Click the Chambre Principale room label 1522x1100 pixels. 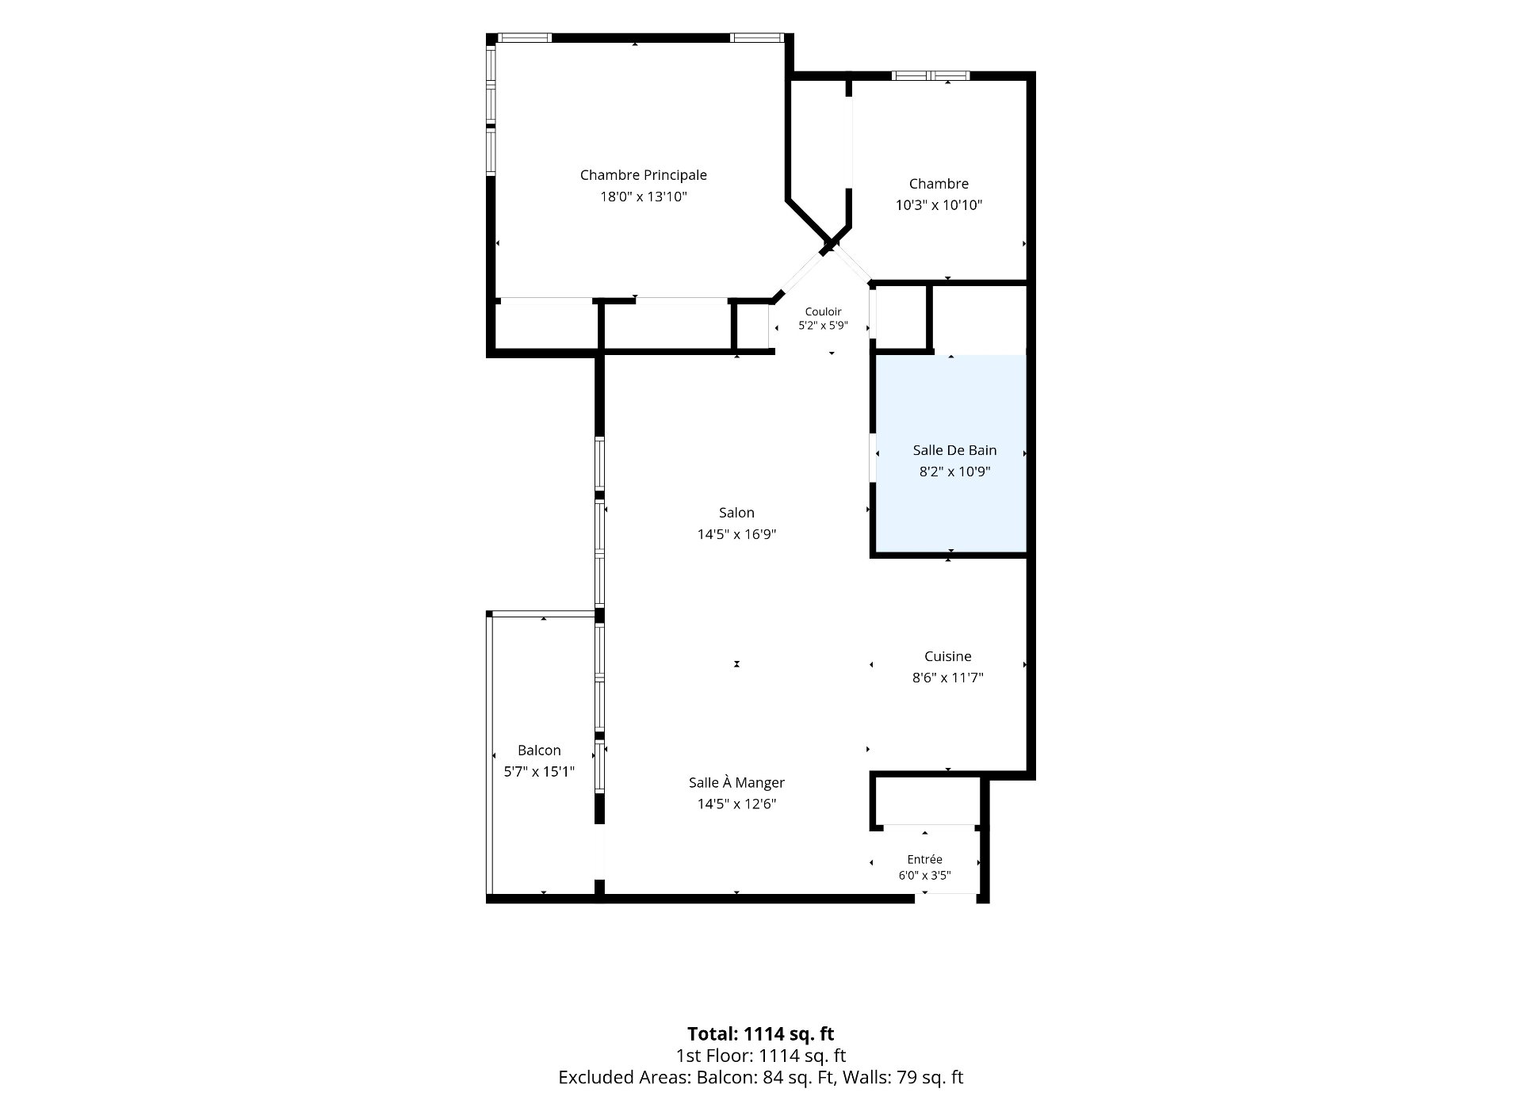643,175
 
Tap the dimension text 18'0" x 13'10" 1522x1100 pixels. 643,197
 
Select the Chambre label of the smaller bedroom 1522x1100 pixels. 939,184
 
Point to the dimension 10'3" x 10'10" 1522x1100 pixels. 939,205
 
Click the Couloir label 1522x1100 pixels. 823,311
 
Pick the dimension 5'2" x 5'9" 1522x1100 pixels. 823,326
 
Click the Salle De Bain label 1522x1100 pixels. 954,450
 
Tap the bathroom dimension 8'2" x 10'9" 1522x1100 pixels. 954,472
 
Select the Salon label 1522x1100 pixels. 736,513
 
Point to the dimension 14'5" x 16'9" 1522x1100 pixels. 736,534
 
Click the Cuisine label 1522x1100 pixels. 948,656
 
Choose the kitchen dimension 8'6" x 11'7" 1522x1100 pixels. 948,678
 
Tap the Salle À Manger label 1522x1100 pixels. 736,782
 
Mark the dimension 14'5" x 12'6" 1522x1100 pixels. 736,804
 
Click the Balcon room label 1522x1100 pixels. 539,751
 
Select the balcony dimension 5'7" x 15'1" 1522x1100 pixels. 539,772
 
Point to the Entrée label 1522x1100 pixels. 925,859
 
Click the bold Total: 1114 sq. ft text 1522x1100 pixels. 761,1033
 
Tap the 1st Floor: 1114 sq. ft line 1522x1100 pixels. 761,1056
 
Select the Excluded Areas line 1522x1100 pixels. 761,1077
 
